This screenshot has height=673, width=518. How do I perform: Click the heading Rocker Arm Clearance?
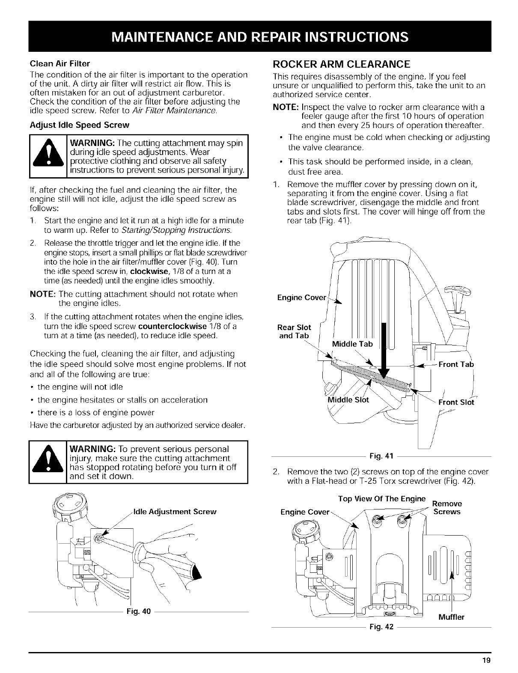pos(341,65)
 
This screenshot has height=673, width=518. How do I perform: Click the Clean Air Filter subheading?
pos(60,64)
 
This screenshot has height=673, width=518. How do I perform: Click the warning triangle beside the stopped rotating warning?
pos(48,464)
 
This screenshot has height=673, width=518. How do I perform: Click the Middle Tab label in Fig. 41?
pos(352,344)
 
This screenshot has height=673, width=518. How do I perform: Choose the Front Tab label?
pos(456,364)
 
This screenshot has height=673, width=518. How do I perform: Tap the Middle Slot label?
pos(348,400)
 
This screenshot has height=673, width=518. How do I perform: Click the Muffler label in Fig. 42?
pos(452,617)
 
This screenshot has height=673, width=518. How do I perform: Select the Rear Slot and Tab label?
pos(294,332)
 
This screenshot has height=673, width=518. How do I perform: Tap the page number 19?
pos(486,660)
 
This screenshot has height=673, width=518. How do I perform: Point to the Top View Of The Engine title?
pos(382,499)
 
